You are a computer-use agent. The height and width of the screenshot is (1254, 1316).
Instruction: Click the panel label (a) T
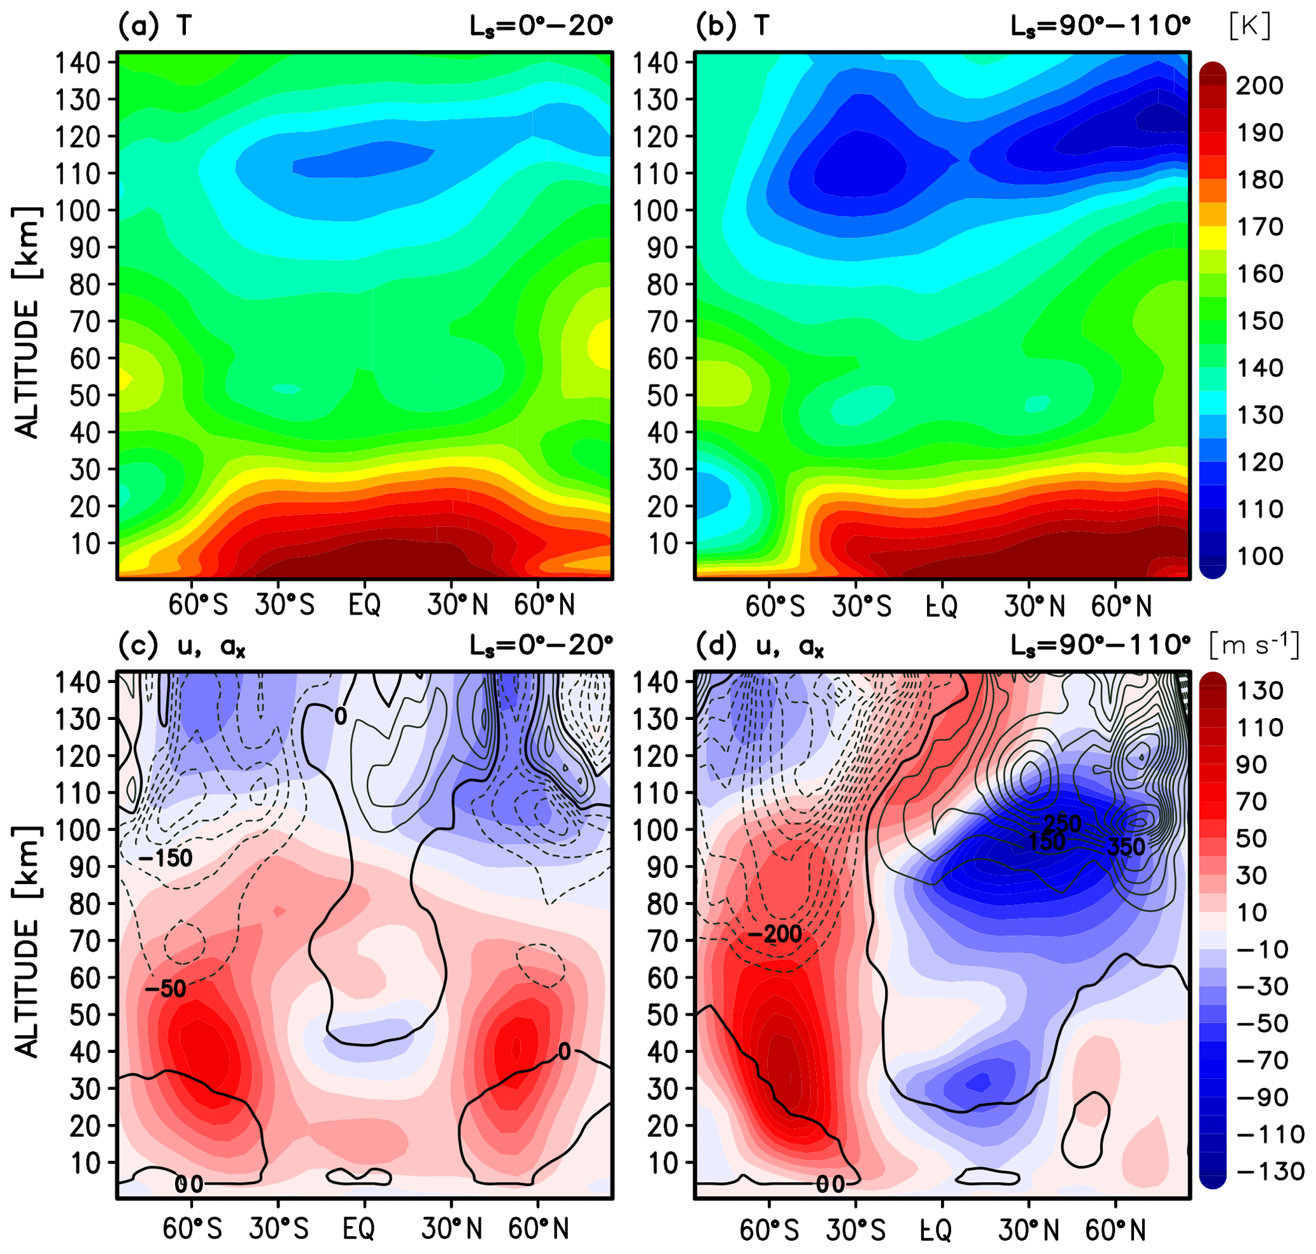pos(155,25)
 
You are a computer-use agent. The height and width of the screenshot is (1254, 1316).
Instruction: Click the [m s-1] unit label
pos(1254,645)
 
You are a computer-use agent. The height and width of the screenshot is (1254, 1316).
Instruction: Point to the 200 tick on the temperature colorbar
pos(1259,85)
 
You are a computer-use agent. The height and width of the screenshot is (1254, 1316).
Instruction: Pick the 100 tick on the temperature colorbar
pos(1259,556)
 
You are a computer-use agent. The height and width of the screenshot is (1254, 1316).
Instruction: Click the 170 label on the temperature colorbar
pos(1259,227)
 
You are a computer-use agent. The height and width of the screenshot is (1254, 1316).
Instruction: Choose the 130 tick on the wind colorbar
pos(1259,690)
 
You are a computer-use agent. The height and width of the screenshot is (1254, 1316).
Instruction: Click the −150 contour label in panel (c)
pos(165,857)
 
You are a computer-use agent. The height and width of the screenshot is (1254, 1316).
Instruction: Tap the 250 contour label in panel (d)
pos(1063,823)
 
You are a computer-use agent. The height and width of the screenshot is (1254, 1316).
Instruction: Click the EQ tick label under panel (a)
pos(364,605)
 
